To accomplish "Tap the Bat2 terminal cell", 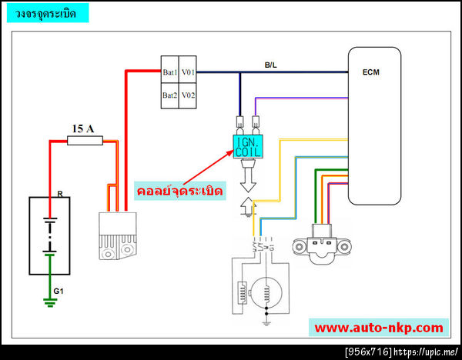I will [x=170, y=95].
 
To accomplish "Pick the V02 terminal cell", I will [x=189, y=95].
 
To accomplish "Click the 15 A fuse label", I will [x=82, y=128].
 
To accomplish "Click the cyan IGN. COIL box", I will [x=249, y=145].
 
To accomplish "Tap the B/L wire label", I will [x=271, y=66].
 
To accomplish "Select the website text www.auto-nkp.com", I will [x=379, y=327].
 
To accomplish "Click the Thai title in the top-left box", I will [x=45, y=13].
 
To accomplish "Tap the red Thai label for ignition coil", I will [x=180, y=189].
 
